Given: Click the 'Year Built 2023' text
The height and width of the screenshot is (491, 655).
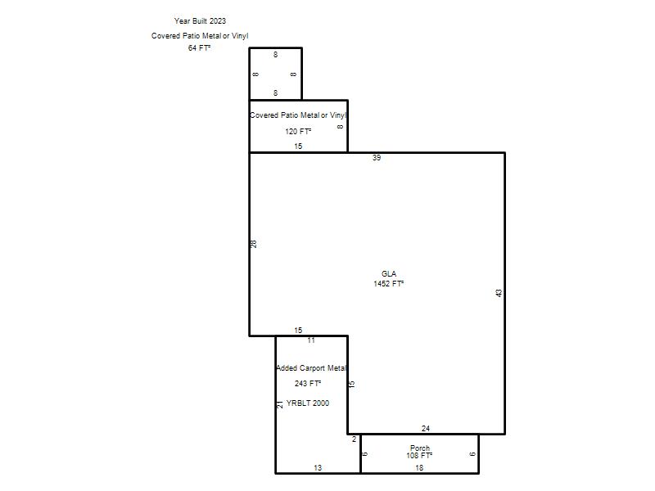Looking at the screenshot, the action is tap(200, 21).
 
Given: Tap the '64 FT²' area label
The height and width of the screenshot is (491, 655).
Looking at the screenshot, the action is tap(199, 48).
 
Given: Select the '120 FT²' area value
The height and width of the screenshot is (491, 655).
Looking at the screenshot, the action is tap(298, 132).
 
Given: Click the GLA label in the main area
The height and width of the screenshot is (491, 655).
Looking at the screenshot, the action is tap(389, 274).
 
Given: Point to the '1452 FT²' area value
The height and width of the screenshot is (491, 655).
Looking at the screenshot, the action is tap(388, 284).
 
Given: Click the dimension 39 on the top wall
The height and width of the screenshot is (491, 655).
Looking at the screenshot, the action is tap(377, 158).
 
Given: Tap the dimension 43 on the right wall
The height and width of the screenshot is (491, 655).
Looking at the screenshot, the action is tap(499, 293).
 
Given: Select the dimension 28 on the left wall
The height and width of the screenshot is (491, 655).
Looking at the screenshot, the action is tap(254, 244).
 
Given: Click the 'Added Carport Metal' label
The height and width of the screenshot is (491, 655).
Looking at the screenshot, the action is tap(312, 368).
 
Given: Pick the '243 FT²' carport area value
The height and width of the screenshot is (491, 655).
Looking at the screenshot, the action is tap(308, 383).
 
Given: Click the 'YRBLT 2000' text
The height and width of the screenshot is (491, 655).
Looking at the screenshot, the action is tap(308, 403).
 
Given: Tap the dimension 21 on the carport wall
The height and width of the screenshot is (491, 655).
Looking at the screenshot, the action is tap(280, 404).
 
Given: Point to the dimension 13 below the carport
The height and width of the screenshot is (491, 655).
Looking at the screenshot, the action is tap(318, 468).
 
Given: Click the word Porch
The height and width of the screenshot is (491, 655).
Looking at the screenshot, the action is tap(420, 448).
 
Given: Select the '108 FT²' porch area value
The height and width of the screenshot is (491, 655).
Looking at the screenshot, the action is tap(419, 456).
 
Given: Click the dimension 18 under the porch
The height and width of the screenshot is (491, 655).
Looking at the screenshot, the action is tap(419, 468).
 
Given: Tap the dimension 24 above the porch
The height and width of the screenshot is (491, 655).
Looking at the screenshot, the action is tap(426, 428).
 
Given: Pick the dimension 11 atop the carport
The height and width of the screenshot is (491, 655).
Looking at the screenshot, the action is tap(311, 340).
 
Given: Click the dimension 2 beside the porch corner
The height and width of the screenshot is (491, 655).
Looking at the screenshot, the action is tap(355, 439).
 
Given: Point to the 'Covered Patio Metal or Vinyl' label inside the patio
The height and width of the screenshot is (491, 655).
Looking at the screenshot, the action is tap(298, 115).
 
